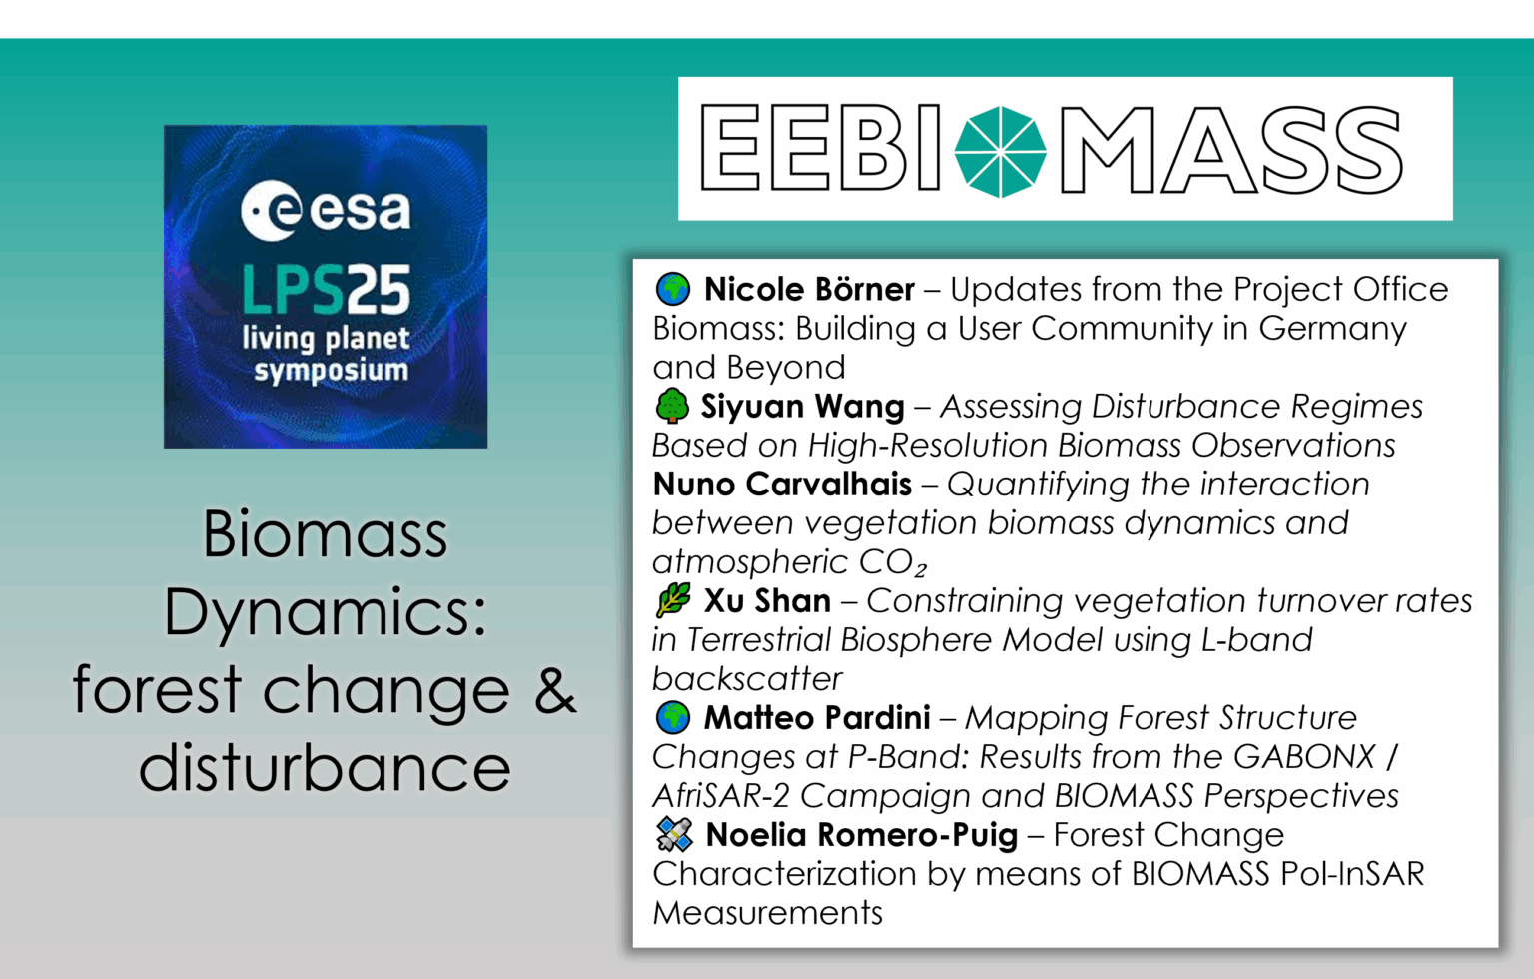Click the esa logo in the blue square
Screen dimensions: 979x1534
coord(326,211)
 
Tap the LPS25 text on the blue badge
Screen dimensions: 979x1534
coord(326,291)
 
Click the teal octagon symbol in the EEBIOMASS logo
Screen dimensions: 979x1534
coord(1000,152)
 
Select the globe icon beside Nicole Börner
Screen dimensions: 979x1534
coord(673,289)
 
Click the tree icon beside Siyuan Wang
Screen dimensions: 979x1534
coord(673,406)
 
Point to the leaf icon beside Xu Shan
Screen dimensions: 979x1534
coord(673,600)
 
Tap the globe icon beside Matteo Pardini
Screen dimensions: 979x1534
coord(673,717)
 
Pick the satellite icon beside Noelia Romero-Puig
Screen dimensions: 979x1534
coord(674,834)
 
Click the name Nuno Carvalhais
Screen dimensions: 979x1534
coord(782,484)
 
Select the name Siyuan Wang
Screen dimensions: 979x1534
coord(802,406)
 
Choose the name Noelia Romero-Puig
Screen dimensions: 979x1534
coord(861,834)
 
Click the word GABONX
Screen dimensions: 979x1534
coord(1304,756)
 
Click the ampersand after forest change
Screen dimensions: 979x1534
coord(555,690)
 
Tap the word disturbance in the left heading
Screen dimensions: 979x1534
coord(325,767)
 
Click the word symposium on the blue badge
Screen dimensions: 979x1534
coord(331,371)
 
